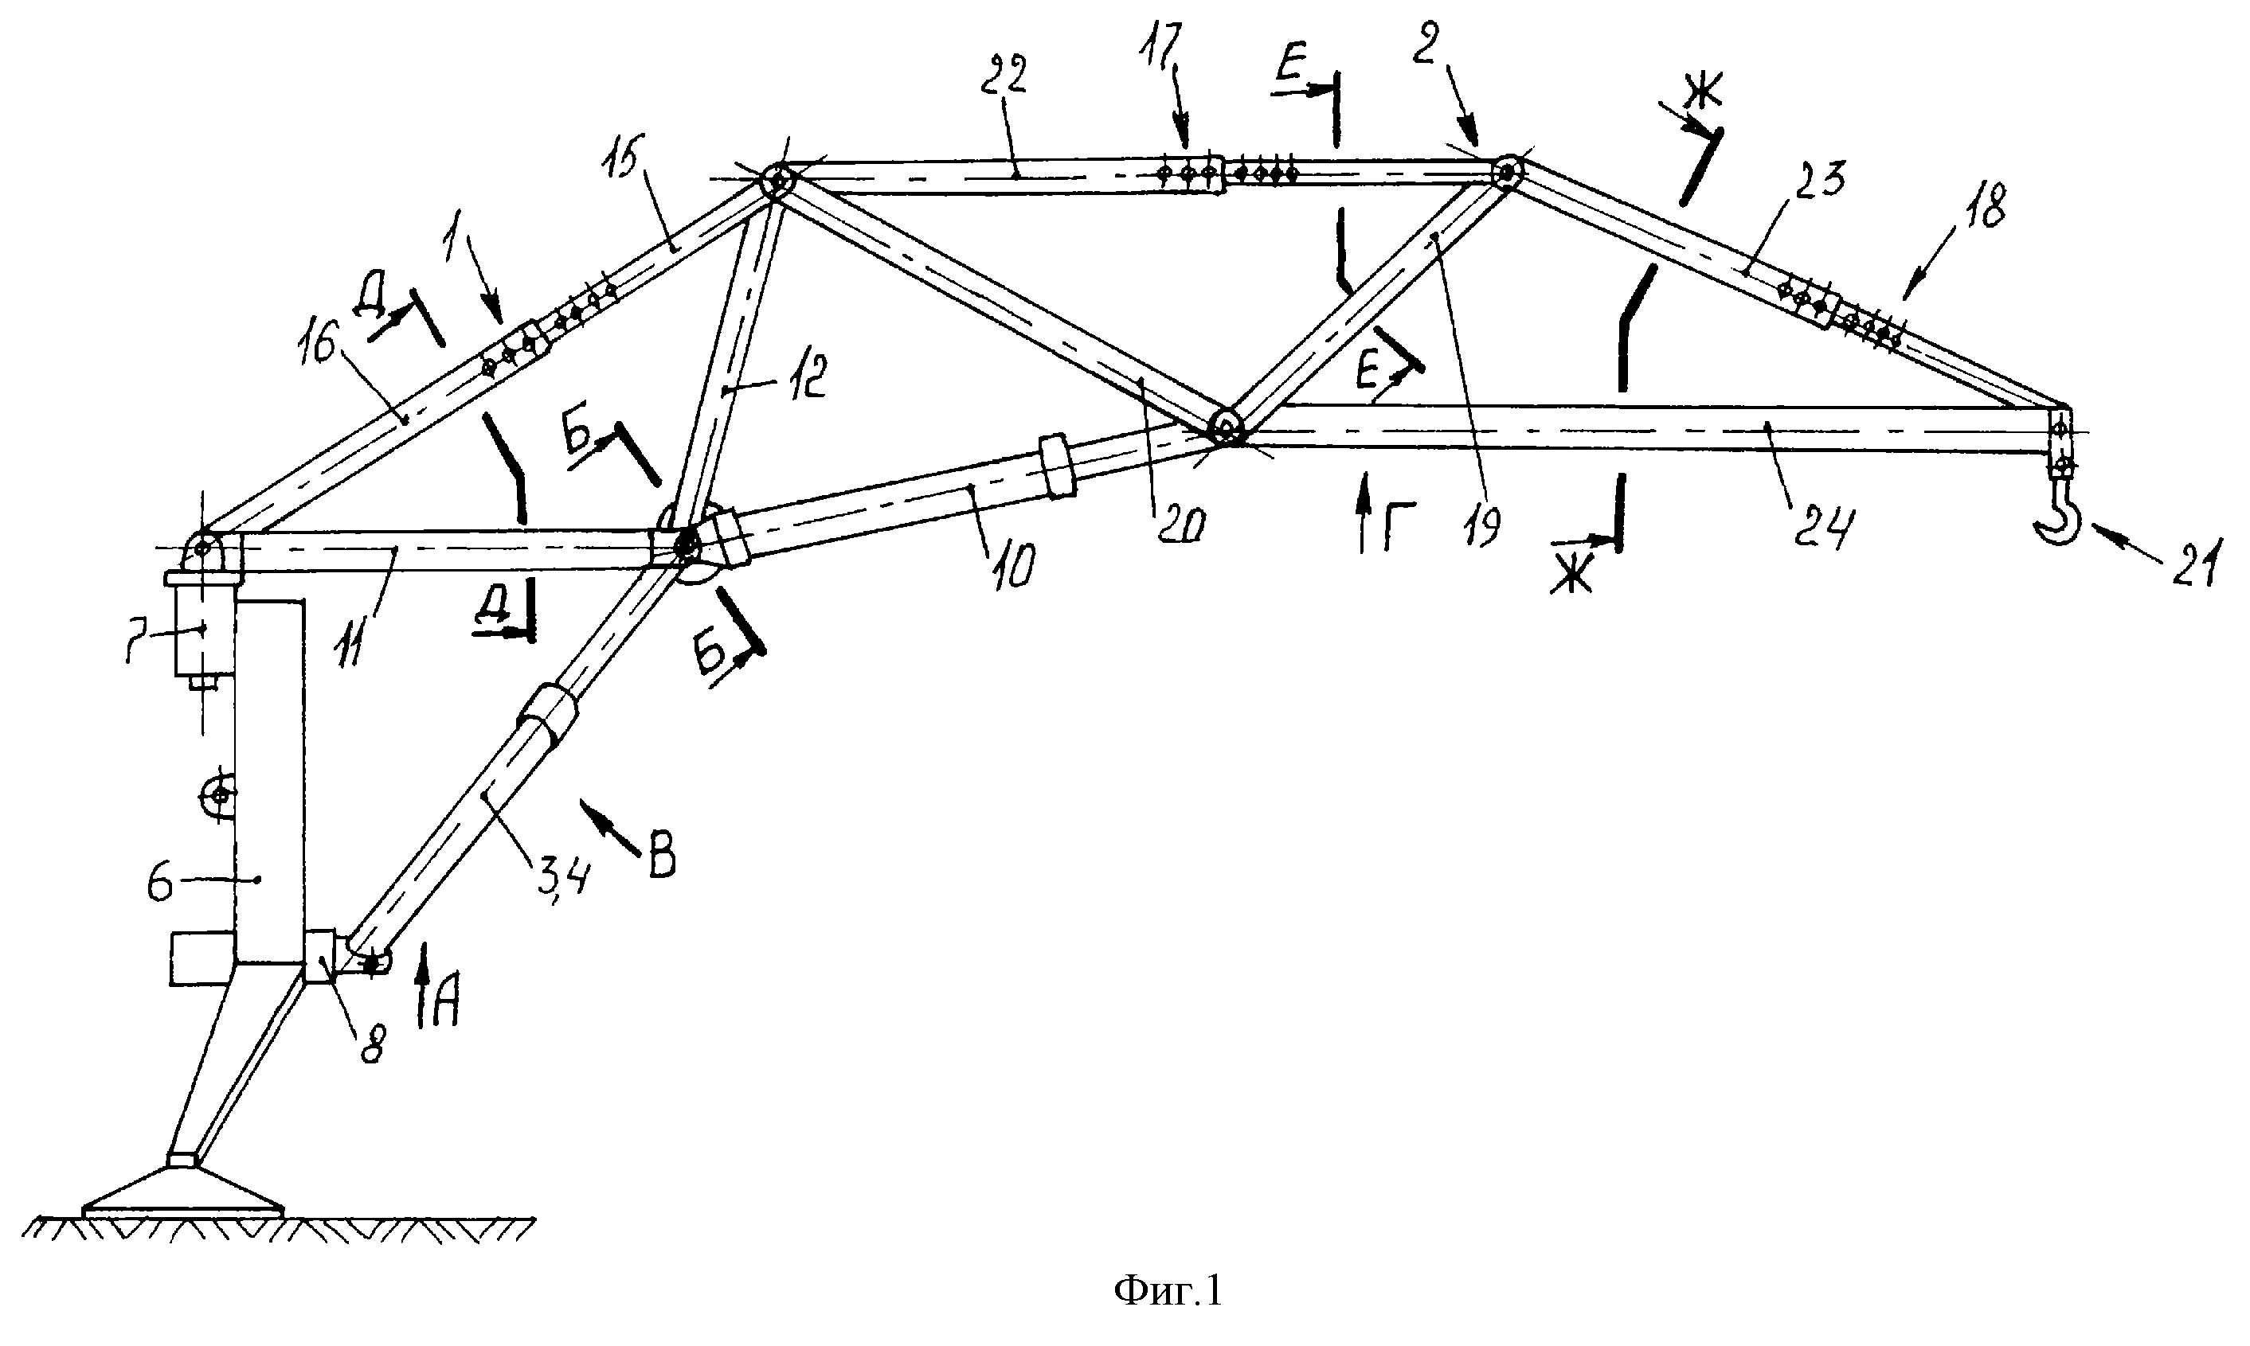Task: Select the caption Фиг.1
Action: pyautogui.click(x=1168, y=1289)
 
